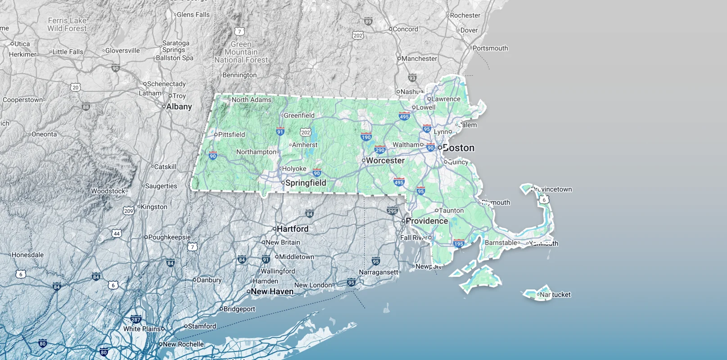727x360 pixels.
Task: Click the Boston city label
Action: pyautogui.click(x=458, y=148)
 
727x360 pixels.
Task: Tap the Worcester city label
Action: pyautogui.click(x=385, y=161)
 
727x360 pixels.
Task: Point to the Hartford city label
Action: pyautogui.click(x=292, y=229)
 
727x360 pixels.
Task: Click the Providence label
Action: pyautogui.click(x=426, y=221)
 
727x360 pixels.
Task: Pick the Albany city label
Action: pyautogui.click(x=179, y=107)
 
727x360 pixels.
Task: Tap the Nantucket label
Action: pyautogui.click(x=555, y=295)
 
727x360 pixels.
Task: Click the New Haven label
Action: pyautogui.click(x=272, y=292)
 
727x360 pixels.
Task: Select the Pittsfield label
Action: pyautogui.click(x=231, y=135)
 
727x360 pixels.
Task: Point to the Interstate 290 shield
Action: pyautogui.click(x=380, y=150)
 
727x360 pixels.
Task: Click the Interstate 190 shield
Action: pyautogui.click(x=366, y=137)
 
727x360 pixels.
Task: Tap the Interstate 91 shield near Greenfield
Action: pyautogui.click(x=280, y=131)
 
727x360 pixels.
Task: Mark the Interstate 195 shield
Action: pyautogui.click(x=459, y=243)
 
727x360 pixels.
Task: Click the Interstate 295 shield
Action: pyautogui.click(x=392, y=211)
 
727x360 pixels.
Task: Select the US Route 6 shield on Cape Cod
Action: pyautogui.click(x=544, y=199)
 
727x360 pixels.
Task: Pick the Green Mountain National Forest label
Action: pyautogui.click(x=241, y=52)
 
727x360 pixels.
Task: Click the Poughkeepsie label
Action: pyautogui.click(x=169, y=237)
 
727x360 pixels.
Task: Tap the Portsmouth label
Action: pyautogui.click(x=490, y=48)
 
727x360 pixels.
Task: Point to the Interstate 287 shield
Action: pyautogui.click(x=136, y=319)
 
